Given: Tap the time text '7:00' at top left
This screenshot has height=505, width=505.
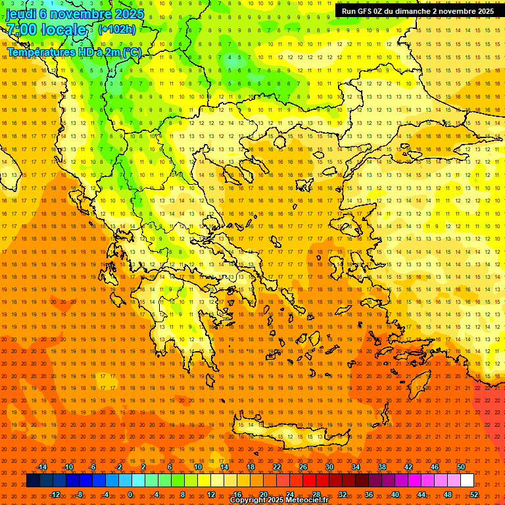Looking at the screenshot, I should click(21, 30).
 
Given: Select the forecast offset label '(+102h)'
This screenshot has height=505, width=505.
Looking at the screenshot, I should click(117, 29).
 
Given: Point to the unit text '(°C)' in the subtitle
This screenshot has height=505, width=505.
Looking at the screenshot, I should click(131, 52).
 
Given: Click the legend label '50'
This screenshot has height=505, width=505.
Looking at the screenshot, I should click(460, 467).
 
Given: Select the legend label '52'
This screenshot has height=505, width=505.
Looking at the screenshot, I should click(474, 494).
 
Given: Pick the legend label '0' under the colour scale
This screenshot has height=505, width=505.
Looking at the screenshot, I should click(131, 494).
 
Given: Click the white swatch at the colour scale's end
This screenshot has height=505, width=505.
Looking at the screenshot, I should click(467, 481).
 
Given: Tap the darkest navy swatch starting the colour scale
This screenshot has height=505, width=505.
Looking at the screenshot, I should click(33, 481).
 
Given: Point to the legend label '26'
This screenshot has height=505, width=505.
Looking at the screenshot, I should click(302, 467).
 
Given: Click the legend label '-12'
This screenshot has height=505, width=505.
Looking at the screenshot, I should click(55, 494).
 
